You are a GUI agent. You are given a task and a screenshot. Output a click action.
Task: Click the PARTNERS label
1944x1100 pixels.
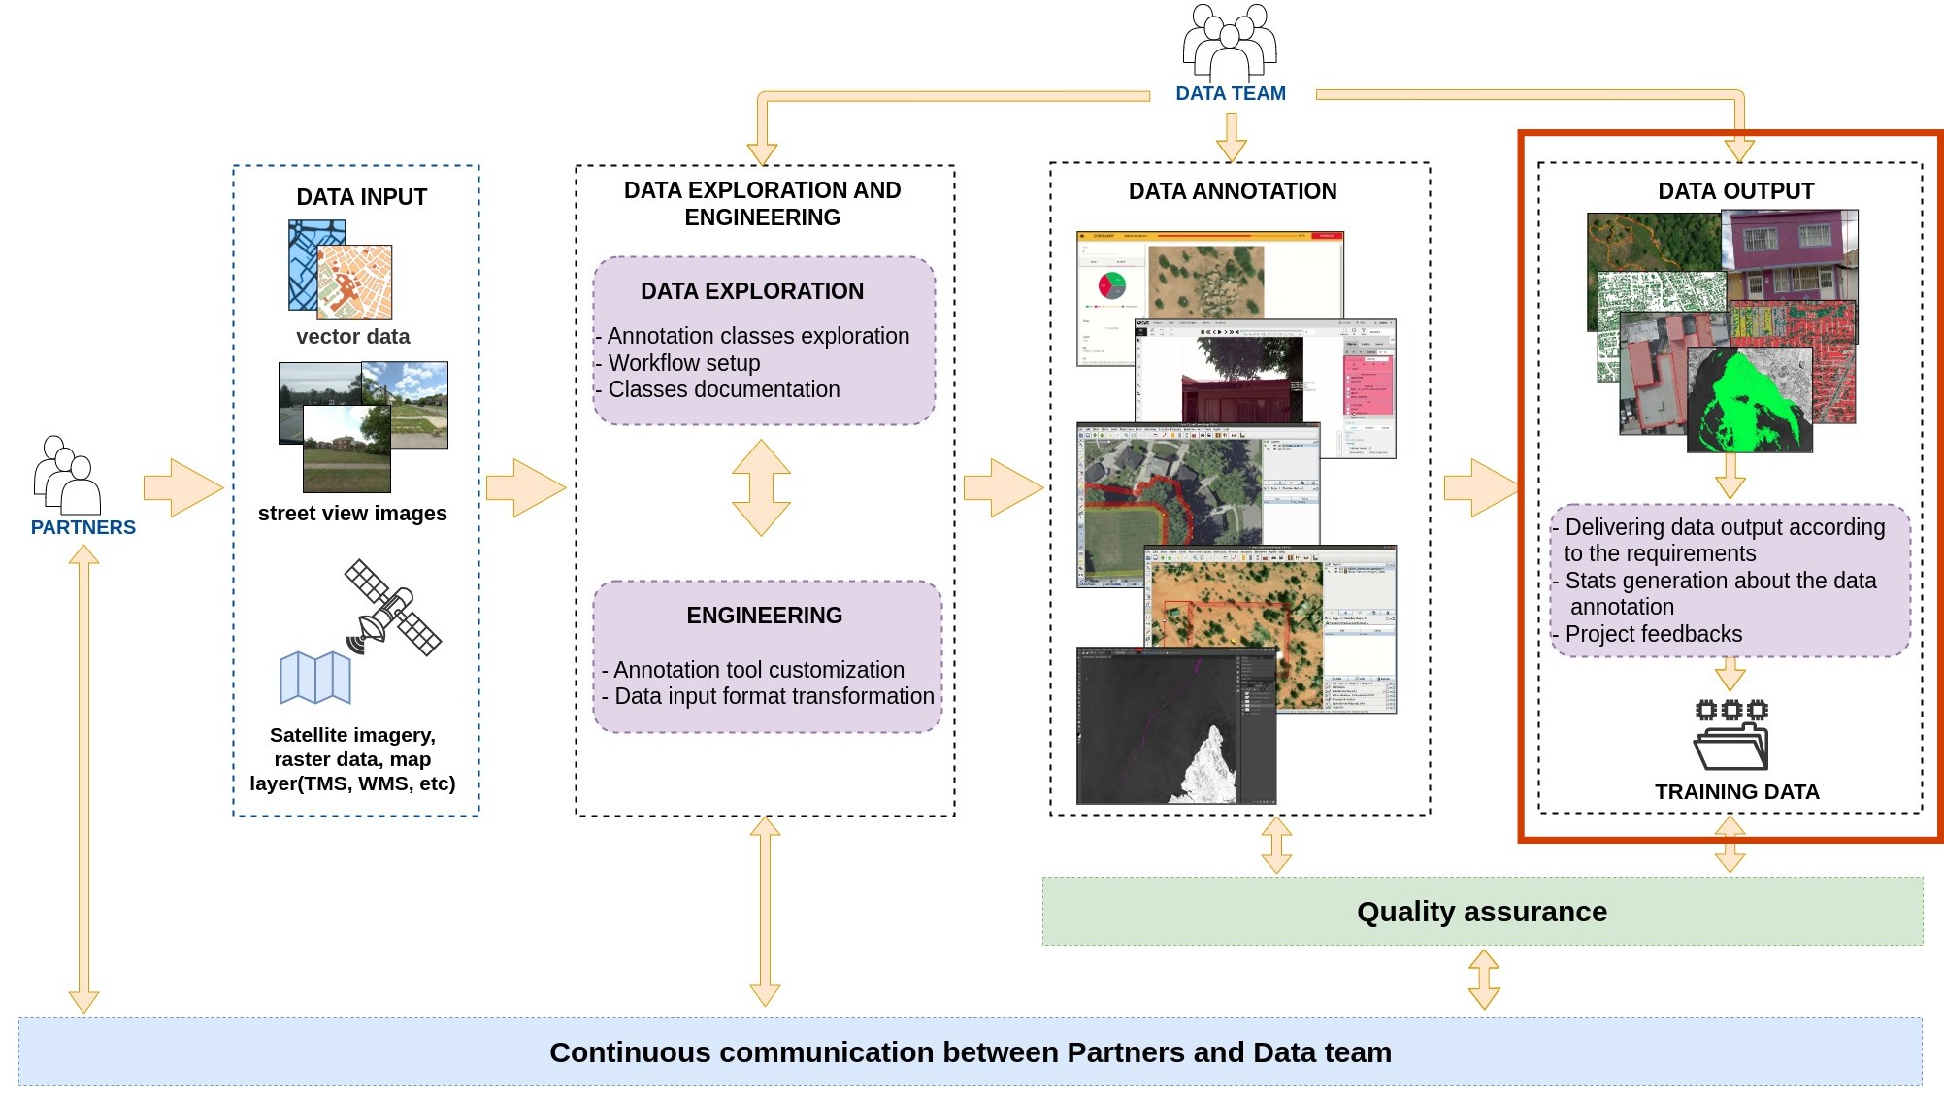point(83,527)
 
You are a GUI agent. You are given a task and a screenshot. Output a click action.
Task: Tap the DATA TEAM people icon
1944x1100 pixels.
point(1229,44)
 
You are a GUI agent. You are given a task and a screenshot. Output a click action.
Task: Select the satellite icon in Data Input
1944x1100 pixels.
point(392,608)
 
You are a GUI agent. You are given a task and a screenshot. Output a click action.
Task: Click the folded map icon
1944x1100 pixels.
point(315,678)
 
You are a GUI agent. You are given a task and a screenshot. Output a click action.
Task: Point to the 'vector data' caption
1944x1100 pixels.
point(352,337)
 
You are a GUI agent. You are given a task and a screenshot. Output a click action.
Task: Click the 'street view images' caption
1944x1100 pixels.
point(352,514)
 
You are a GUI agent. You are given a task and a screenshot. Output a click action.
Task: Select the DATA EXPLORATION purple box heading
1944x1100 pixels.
point(751,291)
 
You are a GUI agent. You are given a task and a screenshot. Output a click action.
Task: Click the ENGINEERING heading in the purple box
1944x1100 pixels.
point(764,616)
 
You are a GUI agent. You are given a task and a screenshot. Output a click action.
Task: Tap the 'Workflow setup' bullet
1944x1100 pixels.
point(683,363)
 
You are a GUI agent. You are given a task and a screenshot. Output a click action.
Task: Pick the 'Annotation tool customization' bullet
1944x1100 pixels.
point(758,670)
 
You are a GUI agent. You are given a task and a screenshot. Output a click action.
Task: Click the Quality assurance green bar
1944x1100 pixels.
point(1481,912)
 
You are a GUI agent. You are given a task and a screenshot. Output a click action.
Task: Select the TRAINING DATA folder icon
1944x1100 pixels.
point(1731,735)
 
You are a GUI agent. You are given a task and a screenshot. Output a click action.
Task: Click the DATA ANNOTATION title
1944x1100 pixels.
point(1232,191)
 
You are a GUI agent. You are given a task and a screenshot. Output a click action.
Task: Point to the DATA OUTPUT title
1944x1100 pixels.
point(1735,191)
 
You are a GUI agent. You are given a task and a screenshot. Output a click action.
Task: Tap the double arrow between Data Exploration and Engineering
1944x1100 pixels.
point(761,487)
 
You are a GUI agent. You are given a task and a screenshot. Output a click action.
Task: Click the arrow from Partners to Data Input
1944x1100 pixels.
point(182,487)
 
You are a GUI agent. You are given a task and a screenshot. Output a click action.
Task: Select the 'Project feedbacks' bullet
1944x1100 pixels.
point(1653,634)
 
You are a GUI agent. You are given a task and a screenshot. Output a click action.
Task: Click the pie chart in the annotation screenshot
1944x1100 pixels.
point(1111,285)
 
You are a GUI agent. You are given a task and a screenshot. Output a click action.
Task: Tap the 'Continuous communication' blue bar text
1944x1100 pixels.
point(970,1052)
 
